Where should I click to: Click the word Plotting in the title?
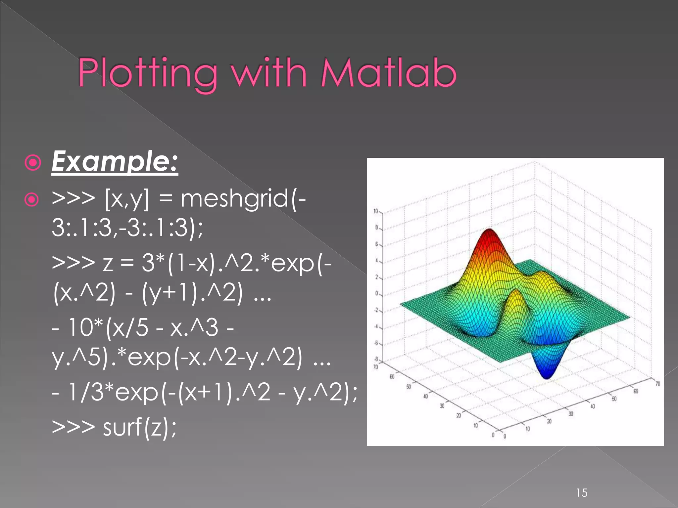point(147,73)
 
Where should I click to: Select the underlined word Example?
point(115,162)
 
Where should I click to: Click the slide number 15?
point(582,493)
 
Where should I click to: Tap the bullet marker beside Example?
point(33,162)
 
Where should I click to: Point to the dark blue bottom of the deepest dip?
point(546,375)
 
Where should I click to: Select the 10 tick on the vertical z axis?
point(376,211)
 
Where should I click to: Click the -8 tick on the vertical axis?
point(376,359)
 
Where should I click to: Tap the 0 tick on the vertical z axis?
point(376,293)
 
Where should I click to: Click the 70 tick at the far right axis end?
point(657,384)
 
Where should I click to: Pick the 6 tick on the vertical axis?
point(376,244)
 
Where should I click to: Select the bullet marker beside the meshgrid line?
point(32,199)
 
